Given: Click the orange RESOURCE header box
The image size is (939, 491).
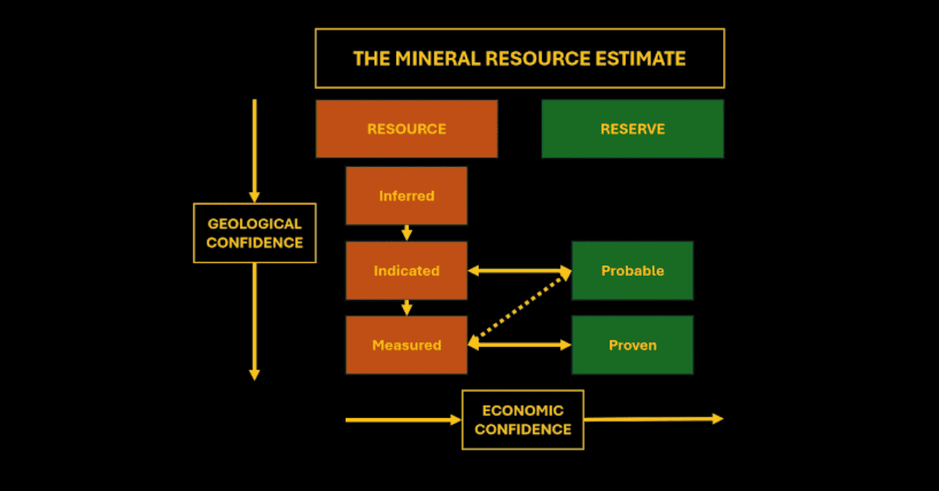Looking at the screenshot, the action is click(x=407, y=129).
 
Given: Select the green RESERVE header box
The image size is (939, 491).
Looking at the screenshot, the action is click(x=632, y=129).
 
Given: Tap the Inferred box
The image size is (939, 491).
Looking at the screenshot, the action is click(x=407, y=196).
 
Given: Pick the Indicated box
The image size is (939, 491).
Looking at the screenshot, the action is click(x=407, y=271).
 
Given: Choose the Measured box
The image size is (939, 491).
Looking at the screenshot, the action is click(x=407, y=345).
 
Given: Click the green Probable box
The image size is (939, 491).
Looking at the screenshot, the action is click(x=632, y=271).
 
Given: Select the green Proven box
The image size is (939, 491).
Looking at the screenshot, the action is click(x=632, y=345).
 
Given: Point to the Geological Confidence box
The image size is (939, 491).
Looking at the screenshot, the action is click(x=255, y=233).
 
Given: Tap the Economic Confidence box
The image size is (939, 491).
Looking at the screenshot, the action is click(x=523, y=420).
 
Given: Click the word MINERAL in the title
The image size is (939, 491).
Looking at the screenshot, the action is click(x=437, y=58).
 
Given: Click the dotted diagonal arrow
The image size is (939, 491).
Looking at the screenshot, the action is click(x=520, y=308).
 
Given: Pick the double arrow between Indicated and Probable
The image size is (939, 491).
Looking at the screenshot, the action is click(x=520, y=271).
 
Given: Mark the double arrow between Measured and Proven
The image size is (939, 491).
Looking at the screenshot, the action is click(x=520, y=345).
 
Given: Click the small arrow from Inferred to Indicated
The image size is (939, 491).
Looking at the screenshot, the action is click(x=407, y=233).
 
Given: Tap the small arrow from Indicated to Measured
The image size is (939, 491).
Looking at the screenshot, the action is click(x=407, y=308).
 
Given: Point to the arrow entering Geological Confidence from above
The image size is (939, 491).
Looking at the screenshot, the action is click(x=254, y=151).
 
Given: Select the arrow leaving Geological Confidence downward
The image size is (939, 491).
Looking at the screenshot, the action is click(x=254, y=322).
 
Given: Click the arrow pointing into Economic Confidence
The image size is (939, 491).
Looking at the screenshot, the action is click(x=403, y=420).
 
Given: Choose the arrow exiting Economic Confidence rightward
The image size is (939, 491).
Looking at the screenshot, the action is click(x=654, y=419).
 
